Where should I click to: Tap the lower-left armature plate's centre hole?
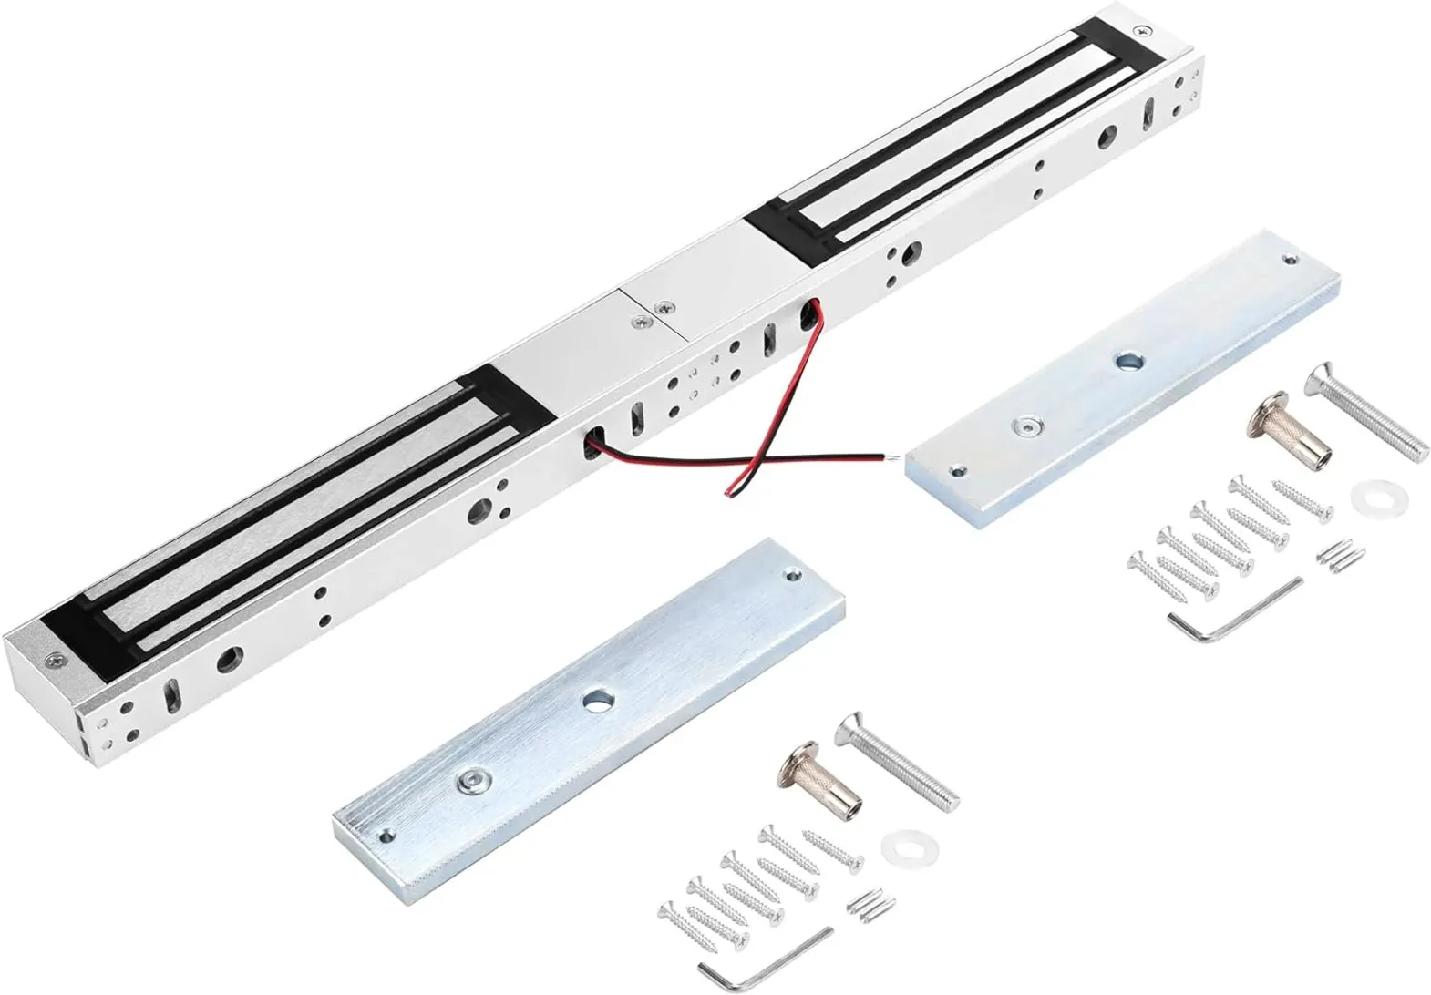597,703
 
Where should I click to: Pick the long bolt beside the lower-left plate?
903,759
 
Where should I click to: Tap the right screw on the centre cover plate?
668,308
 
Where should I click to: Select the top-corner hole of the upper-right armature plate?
1288,260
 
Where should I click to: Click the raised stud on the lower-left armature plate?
471,779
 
